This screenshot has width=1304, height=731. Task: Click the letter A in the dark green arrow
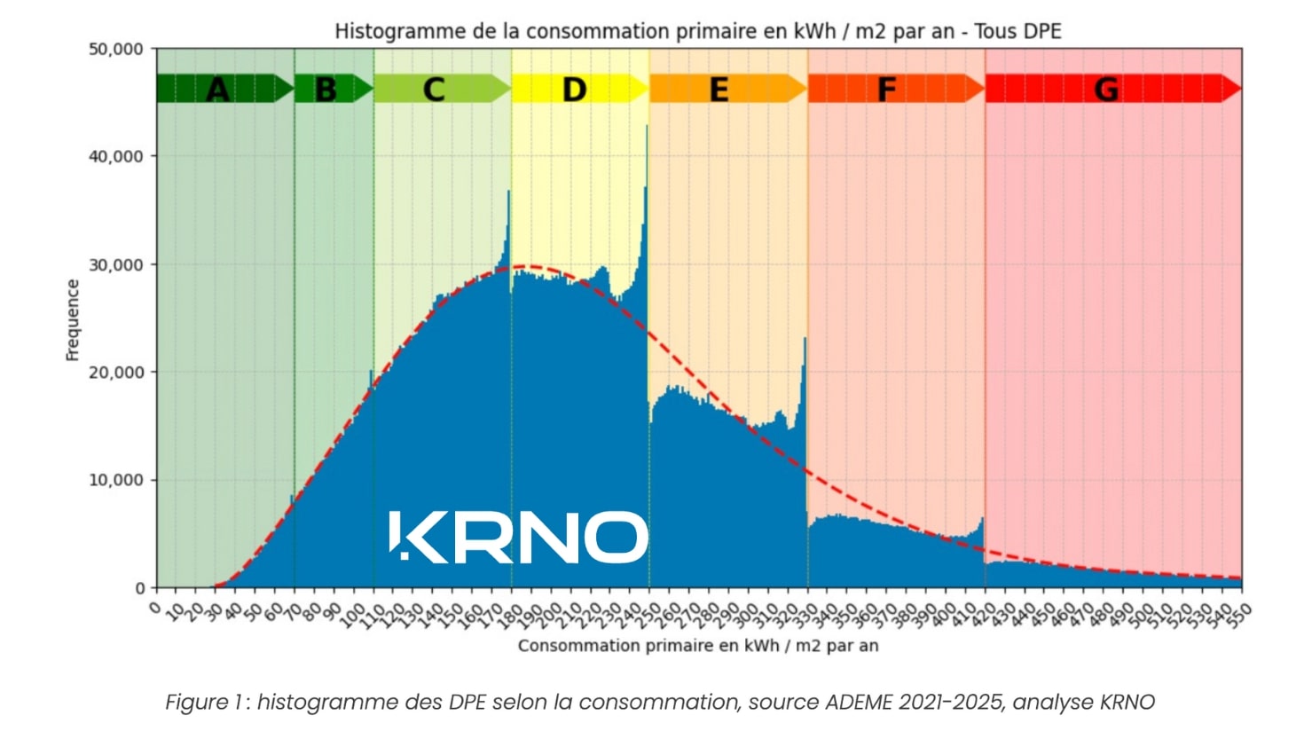217,90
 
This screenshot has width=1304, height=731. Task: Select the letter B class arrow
326,90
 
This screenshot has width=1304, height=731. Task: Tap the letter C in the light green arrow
433,90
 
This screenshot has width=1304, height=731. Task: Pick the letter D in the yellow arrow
574,90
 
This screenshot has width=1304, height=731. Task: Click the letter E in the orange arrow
719,90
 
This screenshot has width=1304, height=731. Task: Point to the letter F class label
885,90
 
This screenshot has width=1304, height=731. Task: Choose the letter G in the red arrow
1105,90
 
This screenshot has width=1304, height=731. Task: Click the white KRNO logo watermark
519,537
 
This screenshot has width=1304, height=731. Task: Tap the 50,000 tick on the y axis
116,49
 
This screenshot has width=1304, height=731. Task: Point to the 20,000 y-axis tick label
116,373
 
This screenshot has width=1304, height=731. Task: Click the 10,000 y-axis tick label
116,480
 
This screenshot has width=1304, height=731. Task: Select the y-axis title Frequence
73,319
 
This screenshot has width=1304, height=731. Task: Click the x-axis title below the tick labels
698,646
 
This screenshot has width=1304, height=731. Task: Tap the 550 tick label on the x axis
1238,610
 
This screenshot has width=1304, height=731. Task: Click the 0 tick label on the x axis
155,607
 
